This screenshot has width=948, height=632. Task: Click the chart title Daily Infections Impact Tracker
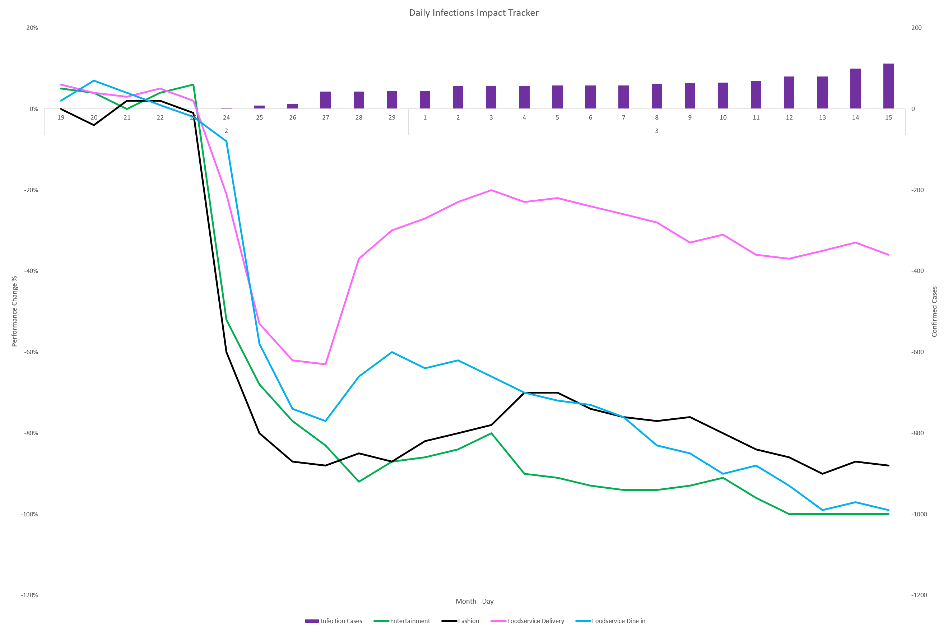click(x=474, y=13)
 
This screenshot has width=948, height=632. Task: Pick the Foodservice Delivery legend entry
click(x=528, y=621)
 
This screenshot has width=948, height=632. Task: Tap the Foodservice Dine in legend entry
click(x=611, y=621)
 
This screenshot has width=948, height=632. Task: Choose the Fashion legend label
click(x=468, y=621)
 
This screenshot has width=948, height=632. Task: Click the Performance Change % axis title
click(x=14, y=311)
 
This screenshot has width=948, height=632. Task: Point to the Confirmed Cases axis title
click(x=934, y=311)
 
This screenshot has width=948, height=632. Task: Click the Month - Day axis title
click(x=474, y=601)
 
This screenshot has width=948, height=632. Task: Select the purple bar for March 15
click(x=888, y=86)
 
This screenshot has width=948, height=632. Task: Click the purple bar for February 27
click(x=325, y=100)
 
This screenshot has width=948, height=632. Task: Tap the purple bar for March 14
click(x=855, y=89)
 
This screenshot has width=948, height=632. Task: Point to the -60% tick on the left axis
click(x=31, y=352)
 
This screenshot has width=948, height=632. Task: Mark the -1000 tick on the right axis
click(x=919, y=514)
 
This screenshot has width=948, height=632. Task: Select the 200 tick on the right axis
click(x=916, y=28)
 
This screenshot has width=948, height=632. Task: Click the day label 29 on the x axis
click(x=392, y=118)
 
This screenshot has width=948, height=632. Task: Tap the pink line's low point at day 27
click(x=325, y=364)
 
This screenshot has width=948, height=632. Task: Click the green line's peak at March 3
click(x=491, y=433)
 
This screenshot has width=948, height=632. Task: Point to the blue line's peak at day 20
click(x=94, y=80)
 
